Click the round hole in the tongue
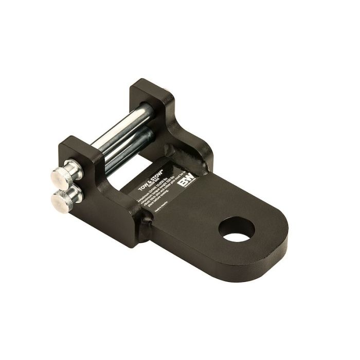coord(237,229)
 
